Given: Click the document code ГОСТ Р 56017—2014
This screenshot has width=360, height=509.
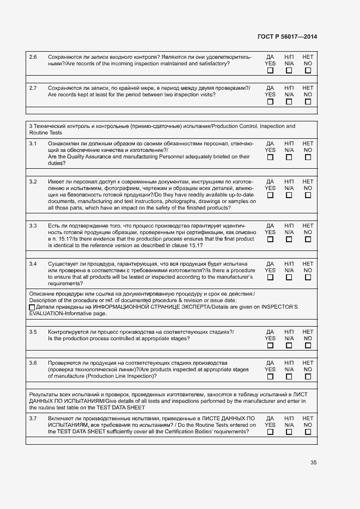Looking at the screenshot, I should [x=287, y=37].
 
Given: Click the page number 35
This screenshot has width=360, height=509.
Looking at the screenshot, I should [x=314, y=463].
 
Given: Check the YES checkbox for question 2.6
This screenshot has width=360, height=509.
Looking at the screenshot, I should [x=270, y=70].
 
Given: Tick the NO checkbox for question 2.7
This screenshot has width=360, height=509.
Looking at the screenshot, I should [x=308, y=101].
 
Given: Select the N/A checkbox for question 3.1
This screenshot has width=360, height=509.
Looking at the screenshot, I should [x=289, y=157].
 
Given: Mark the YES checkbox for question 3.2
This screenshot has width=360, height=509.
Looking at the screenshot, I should [x=270, y=195].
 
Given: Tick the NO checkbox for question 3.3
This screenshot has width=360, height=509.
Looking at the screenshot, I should [x=308, y=239].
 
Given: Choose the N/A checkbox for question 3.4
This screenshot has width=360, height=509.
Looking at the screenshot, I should [x=289, y=277].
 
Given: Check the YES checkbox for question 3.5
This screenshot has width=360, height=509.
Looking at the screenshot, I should [x=270, y=345].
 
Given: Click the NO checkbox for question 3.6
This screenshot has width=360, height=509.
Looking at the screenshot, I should [x=308, y=376].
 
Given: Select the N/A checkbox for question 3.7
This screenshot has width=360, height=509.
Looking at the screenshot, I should [x=289, y=432].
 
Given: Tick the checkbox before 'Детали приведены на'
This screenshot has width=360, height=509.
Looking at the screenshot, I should [x=32, y=308].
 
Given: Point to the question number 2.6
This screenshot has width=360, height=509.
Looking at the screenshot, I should [x=33, y=57].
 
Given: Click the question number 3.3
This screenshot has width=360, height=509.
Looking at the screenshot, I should [x=33, y=225].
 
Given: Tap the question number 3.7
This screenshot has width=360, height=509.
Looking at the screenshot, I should [x=33, y=418].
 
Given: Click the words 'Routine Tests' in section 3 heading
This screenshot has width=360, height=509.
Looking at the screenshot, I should [x=46, y=133].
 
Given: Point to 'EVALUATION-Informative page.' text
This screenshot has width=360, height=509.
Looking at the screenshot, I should [x=68, y=314].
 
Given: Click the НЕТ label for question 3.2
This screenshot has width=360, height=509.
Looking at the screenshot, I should [x=308, y=181].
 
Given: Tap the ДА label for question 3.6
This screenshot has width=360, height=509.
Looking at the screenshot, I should [x=270, y=363].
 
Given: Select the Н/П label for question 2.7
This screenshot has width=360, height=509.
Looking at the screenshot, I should [x=289, y=88].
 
